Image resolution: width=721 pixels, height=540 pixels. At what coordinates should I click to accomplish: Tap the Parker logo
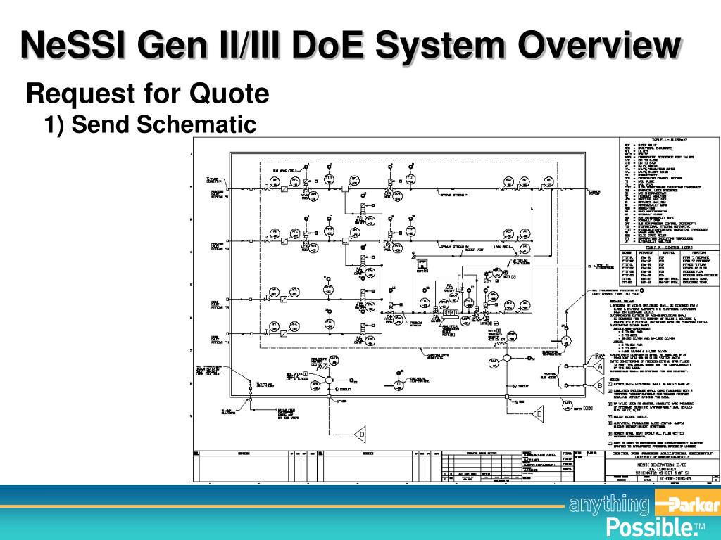tap(686, 505)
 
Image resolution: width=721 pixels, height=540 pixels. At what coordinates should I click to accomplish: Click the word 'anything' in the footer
tap(609, 505)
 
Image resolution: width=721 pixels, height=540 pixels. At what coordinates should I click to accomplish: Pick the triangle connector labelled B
tap(598, 385)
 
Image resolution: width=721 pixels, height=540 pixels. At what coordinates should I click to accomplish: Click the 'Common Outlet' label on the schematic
tap(594, 192)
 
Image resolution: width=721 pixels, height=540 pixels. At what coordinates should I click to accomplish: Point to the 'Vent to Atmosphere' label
tap(603, 267)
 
